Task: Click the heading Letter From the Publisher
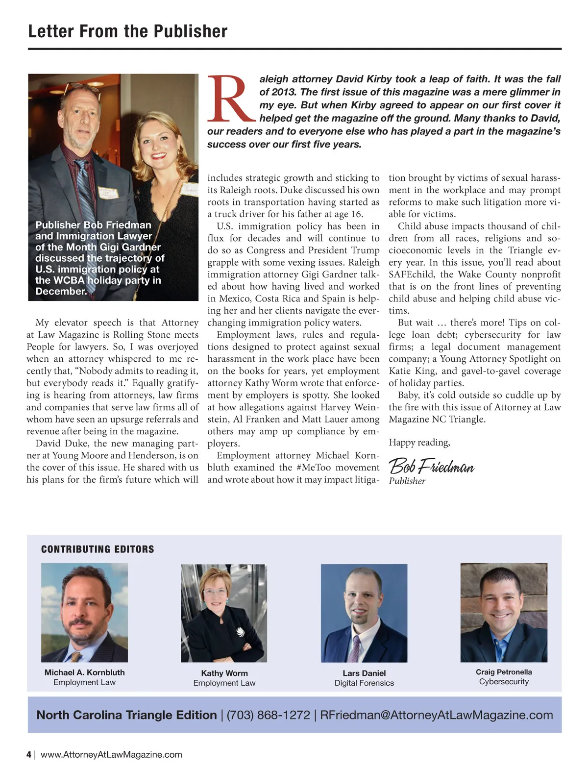coord(128,31)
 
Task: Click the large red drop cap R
coord(230,99)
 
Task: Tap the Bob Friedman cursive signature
coord(431,465)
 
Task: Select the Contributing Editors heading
coord(98,549)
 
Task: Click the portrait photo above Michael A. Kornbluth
coord(84,613)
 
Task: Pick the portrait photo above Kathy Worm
coord(224,613)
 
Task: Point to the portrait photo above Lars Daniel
coord(364,613)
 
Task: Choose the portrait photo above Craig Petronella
coord(504,613)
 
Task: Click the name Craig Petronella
coord(504,672)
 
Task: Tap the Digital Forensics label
coord(364,683)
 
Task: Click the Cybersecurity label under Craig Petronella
coord(504,682)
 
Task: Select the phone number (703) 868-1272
coord(268,715)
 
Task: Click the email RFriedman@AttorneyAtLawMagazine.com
coord(436,715)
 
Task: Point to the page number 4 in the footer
coord(29,755)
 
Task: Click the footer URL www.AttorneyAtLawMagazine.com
coord(111,755)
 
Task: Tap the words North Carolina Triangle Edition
coord(126,715)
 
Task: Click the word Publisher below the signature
coord(407,481)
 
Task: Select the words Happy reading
coord(419,443)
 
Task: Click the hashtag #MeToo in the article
coord(313,468)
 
